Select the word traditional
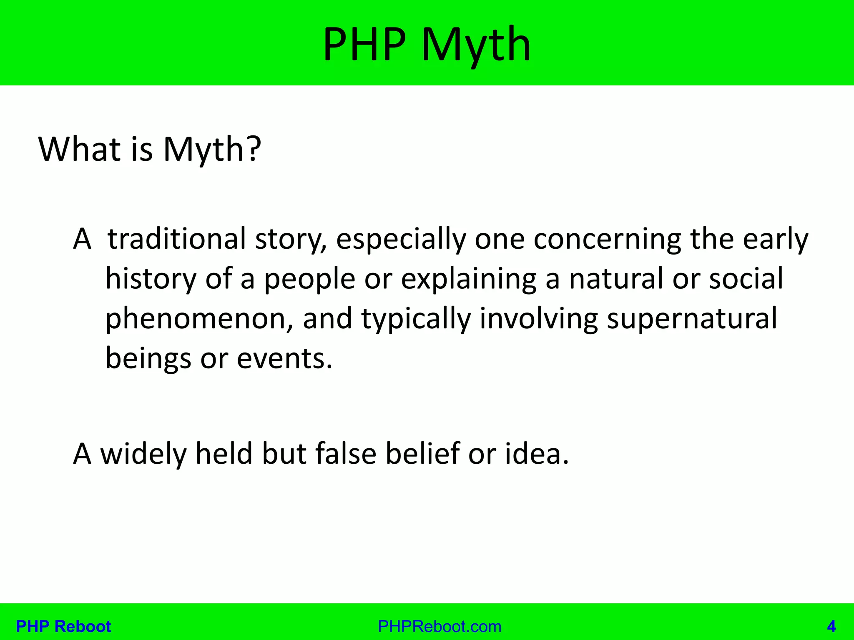177,239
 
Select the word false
346,453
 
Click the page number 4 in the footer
831,626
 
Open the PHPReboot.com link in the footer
440,626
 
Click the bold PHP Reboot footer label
63,626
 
